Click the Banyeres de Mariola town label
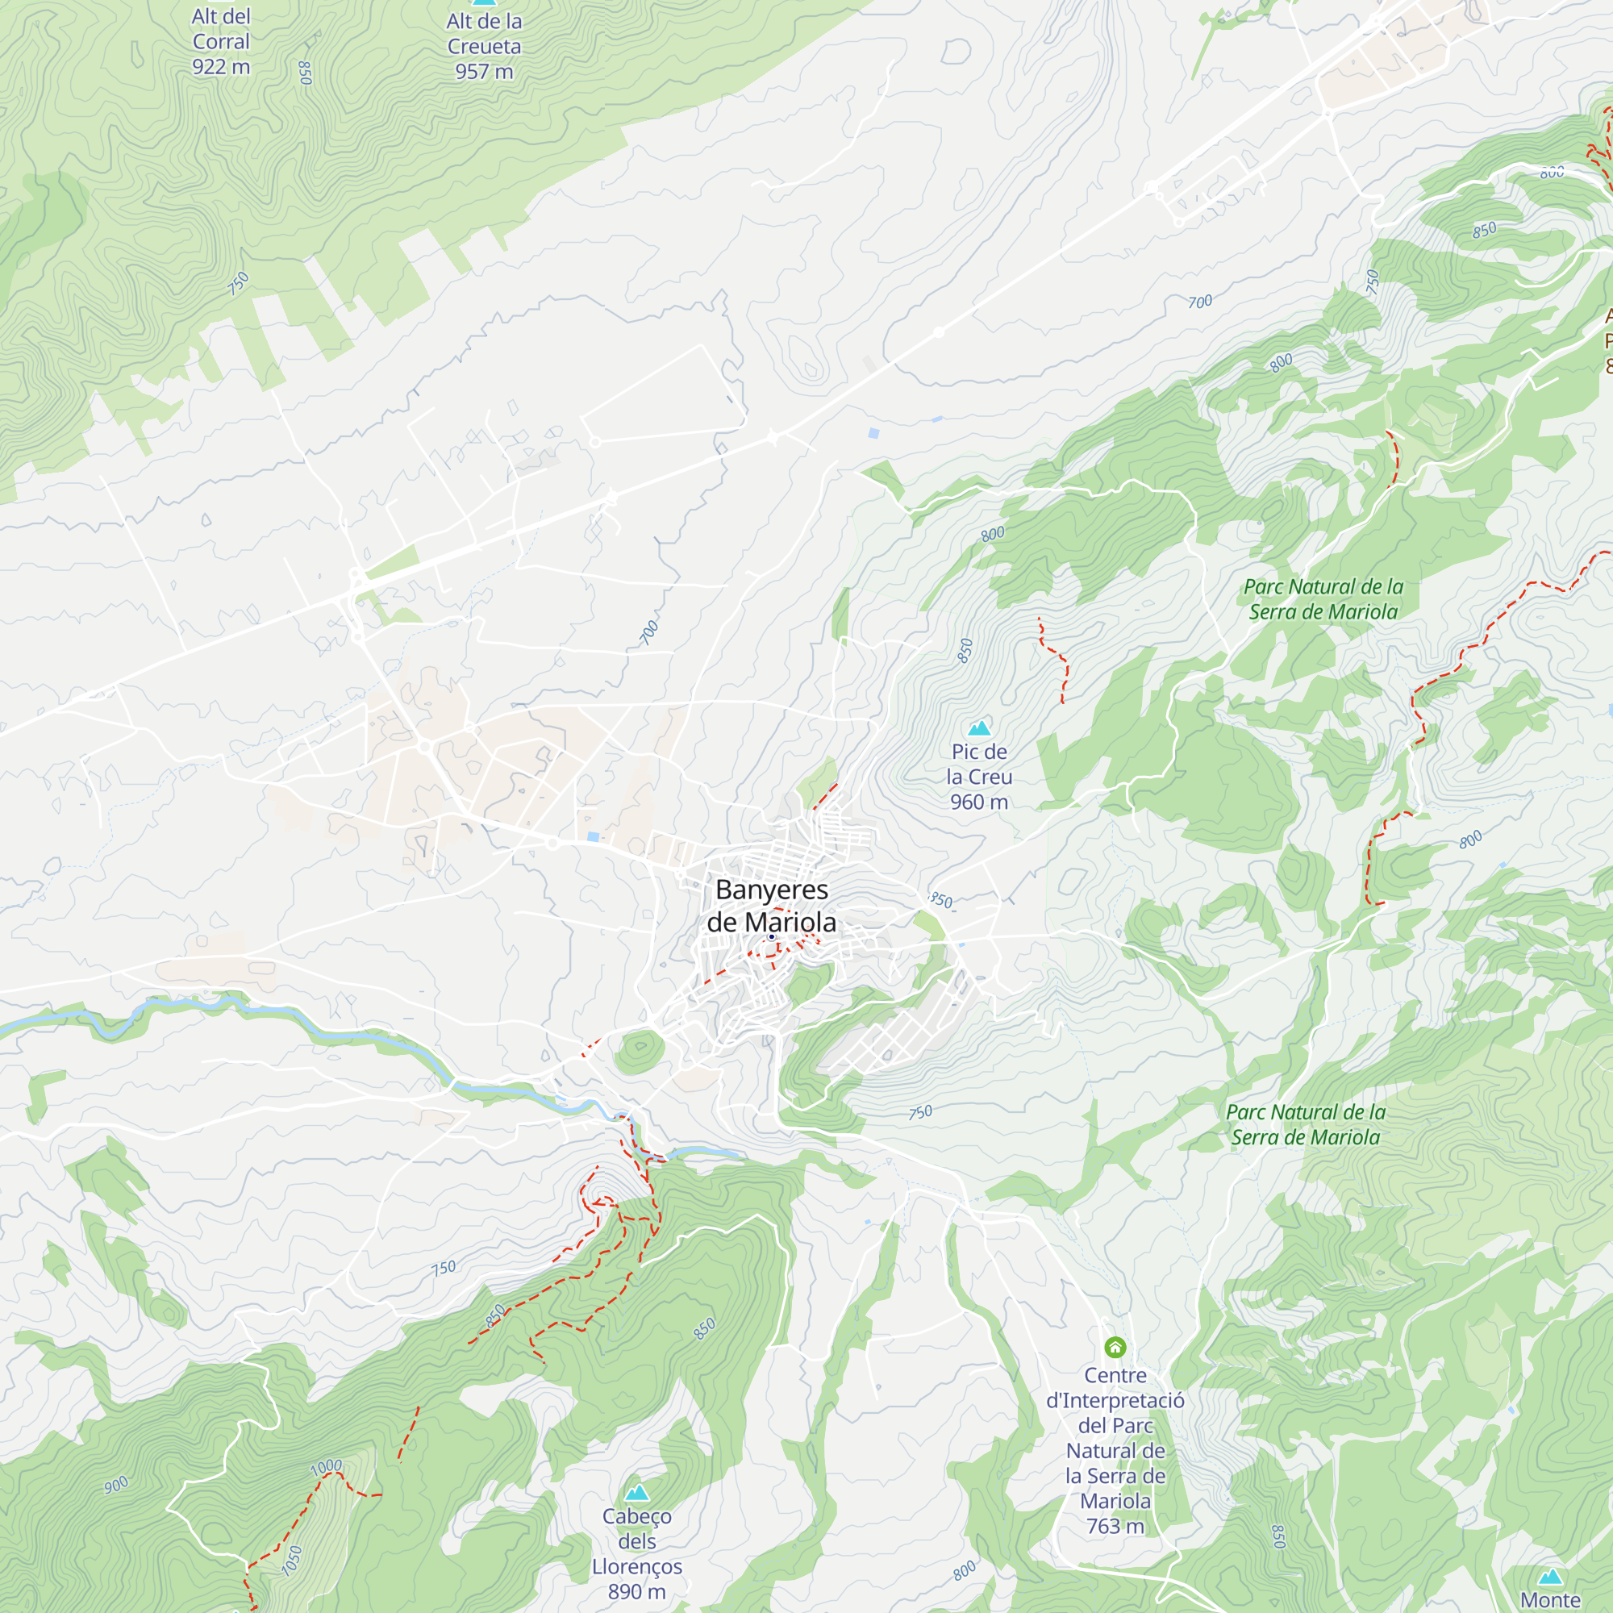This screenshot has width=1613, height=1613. coord(772,906)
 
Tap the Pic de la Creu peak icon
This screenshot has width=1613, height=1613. coord(978,727)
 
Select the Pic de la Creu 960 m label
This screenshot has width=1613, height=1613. coord(978,777)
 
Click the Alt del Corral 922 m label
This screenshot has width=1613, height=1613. coord(220,42)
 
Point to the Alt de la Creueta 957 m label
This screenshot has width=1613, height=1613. coord(483,47)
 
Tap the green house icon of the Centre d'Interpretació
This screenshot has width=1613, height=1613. coord(1115,1347)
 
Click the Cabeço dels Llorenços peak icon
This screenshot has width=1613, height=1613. coord(637,1492)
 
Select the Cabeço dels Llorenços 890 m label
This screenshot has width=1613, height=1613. coord(637,1554)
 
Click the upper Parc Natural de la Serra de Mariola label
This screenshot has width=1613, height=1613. coord(1323,599)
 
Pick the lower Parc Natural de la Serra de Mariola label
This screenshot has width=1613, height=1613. coord(1305,1124)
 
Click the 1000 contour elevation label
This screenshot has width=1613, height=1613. coord(326,1467)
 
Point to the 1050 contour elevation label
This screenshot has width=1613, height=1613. coord(291,1561)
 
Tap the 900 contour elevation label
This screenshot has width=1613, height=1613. coord(116,1485)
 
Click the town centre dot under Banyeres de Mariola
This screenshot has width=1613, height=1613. coord(772,938)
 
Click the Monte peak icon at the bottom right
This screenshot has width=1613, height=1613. coord(1550,1576)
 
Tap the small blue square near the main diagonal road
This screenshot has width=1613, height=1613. coord(873,433)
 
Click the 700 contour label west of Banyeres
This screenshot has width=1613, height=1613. coord(648,633)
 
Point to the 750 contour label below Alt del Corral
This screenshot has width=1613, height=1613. coord(238,283)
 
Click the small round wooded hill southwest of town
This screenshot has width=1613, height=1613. coord(640,1052)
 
